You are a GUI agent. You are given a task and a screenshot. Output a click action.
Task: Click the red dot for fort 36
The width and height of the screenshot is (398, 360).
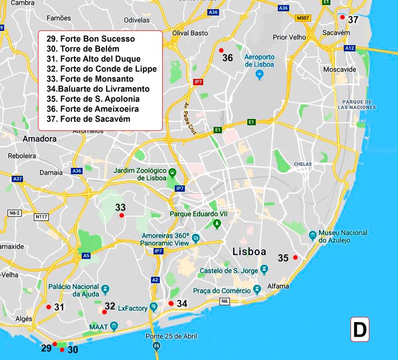pyautogui.click(x=221, y=50)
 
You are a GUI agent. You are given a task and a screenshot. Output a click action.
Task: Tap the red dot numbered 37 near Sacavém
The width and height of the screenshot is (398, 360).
pyautogui.click(x=342, y=17)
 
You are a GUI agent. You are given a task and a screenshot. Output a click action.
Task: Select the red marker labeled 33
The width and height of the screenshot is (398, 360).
pyautogui.click(x=121, y=215)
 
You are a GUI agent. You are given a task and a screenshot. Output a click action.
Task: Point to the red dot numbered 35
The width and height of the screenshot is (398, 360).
pyautogui.click(x=295, y=257)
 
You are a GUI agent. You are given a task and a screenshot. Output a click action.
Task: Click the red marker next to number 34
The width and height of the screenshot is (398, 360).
pyautogui.click(x=171, y=303)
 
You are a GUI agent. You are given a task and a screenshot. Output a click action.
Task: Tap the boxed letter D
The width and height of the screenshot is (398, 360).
pyautogui.click(x=360, y=329)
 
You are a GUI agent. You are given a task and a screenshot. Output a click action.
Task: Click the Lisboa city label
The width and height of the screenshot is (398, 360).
pyautogui.click(x=249, y=252)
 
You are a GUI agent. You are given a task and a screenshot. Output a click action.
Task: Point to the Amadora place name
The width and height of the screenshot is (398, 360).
pyautogui.click(x=39, y=139)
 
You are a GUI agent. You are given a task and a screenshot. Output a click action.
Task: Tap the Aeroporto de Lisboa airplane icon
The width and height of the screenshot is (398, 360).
pyautogui.click(x=259, y=74)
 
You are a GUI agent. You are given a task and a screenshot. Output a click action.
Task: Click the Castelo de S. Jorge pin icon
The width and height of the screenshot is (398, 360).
pyautogui.click(x=264, y=270)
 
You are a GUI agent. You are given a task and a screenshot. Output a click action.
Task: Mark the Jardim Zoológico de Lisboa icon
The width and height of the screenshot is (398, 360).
pyautogui.click(x=173, y=173)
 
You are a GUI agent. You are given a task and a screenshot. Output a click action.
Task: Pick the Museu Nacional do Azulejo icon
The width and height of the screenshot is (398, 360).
pyautogui.click(x=313, y=235)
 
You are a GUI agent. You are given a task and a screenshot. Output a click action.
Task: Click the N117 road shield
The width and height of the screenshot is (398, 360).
pyautogui.click(x=41, y=217)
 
